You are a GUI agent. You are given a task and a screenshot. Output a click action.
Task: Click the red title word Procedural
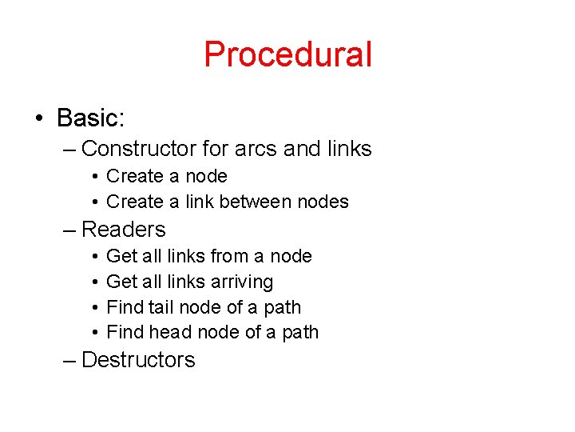tap(287, 54)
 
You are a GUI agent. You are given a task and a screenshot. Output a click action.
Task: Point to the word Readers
tap(124, 230)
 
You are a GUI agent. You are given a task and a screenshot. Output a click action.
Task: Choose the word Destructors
tap(138, 360)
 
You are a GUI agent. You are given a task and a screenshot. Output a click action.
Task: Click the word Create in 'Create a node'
tap(132, 176)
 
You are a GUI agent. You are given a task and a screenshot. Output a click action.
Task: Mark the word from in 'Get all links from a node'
tap(229, 256)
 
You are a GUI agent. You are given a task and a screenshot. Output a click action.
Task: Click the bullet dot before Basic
tap(38, 119)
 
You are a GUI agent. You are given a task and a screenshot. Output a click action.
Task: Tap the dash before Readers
tap(69, 230)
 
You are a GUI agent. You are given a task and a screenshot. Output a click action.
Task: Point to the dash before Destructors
tap(69, 361)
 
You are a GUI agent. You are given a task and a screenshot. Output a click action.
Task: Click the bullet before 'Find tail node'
tap(94, 307)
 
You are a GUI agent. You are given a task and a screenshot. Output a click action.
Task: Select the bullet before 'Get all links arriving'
tap(94, 282)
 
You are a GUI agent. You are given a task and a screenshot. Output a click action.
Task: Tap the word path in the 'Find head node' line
tap(300, 332)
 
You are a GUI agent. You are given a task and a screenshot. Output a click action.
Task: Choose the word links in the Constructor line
tap(350, 149)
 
